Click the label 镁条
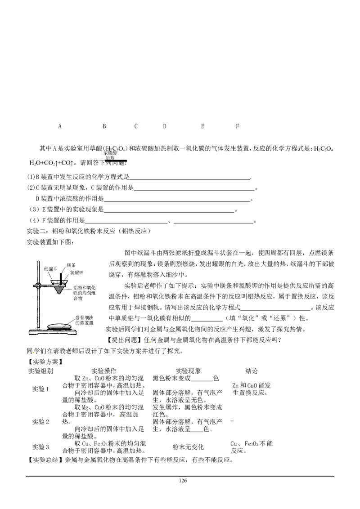coord(72,265)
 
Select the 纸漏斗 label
coord(51,269)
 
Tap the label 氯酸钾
coord(76,273)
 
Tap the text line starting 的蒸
coord(80,323)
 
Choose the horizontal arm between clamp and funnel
coord(46,285)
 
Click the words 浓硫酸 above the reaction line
coord(110,153)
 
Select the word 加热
coord(110,158)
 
